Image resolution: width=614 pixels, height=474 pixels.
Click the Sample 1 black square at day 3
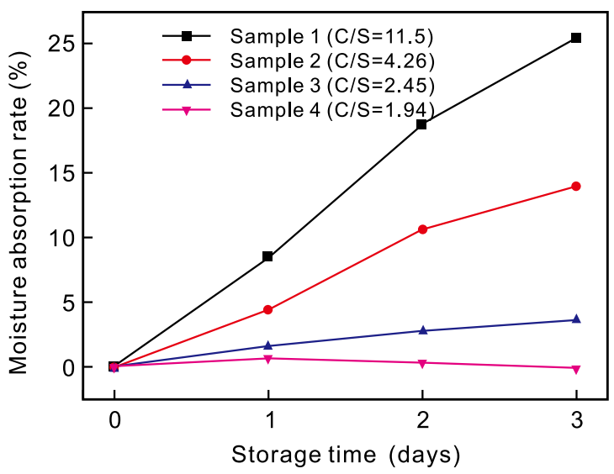tap(576, 38)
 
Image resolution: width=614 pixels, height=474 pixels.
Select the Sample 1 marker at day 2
tap(421, 124)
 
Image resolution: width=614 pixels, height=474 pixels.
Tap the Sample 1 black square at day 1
tap(267, 256)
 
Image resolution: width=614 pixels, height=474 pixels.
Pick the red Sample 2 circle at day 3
tap(576, 186)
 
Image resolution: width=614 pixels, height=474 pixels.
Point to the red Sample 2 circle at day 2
tap(421, 229)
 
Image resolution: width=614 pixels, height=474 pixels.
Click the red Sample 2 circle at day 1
tap(267, 309)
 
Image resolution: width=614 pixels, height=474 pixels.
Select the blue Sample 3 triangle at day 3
tap(576, 319)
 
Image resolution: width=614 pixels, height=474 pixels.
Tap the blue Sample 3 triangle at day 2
tap(421, 330)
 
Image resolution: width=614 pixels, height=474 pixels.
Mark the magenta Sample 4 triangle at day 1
tap(267, 359)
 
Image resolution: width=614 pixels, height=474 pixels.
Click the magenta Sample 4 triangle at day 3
tap(576, 369)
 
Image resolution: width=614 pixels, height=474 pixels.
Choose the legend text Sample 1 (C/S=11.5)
tap(332, 37)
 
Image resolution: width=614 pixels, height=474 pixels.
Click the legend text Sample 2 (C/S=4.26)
tap(332, 61)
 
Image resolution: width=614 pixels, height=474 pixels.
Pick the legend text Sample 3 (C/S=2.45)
tap(332, 86)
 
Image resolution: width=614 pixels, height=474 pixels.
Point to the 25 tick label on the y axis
tap(58, 44)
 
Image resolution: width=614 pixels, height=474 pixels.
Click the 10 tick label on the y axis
tap(58, 238)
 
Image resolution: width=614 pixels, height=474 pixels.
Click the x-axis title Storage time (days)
tap(346, 456)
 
